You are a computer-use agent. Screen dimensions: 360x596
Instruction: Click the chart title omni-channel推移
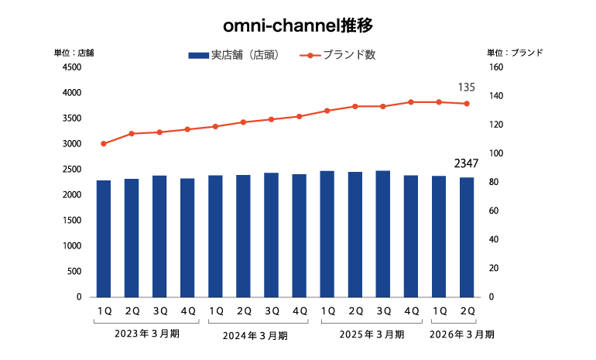(298, 26)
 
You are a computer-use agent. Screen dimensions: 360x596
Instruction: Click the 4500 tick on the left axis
(71, 67)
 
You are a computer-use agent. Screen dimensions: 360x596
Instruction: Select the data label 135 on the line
(467, 87)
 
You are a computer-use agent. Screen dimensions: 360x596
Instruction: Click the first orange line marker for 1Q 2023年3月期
(104, 144)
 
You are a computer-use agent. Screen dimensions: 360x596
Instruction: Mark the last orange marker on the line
(467, 104)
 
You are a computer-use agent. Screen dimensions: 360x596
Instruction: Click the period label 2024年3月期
(255, 335)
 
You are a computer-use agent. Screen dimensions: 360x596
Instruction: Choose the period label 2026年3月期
(462, 334)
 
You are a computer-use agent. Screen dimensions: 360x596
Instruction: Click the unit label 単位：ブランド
(515, 53)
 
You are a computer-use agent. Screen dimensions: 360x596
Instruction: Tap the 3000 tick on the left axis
(71, 144)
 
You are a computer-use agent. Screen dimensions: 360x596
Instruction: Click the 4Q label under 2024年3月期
(299, 310)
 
